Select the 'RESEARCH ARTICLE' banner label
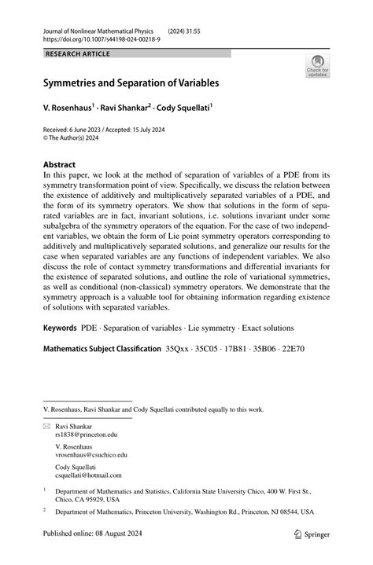(x=78, y=53)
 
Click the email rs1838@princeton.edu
(x=85, y=433)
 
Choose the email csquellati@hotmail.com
(x=88, y=475)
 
